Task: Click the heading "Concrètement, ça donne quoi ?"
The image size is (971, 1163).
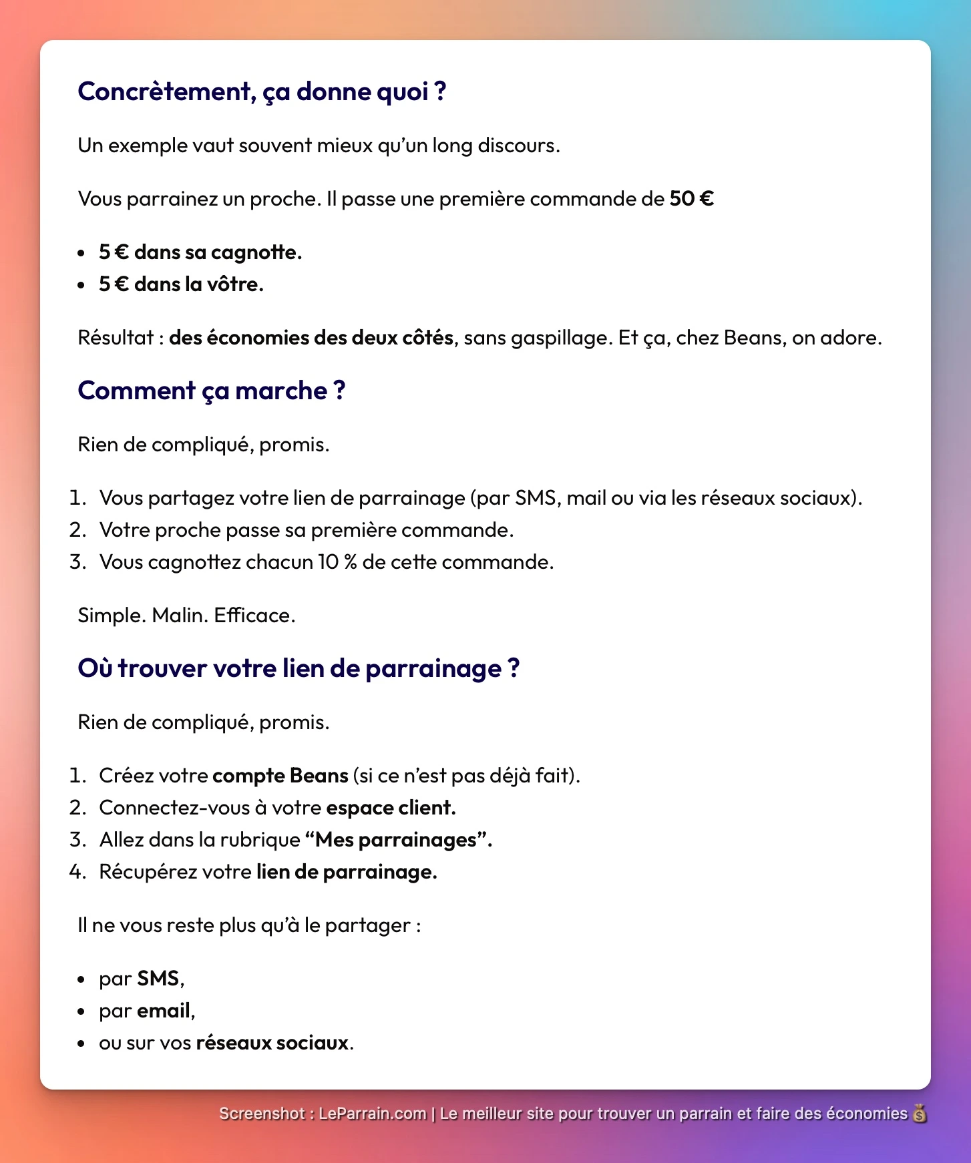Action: coord(262,91)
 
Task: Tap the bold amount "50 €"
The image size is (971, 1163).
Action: coord(691,199)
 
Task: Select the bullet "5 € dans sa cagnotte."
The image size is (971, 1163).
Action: coord(200,252)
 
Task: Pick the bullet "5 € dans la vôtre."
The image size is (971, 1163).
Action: coord(181,284)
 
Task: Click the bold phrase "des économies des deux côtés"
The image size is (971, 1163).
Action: coord(311,338)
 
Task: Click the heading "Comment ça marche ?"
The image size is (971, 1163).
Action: coord(211,391)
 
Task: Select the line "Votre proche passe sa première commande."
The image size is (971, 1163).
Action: coord(307,530)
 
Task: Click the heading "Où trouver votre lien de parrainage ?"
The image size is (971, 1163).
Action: coord(299,668)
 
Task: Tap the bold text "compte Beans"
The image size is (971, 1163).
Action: coord(280,776)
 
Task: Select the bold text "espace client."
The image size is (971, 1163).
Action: coord(391,808)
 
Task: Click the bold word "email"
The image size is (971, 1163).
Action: coord(164,1011)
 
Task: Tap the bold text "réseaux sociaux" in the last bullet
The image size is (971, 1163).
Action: coord(272,1043)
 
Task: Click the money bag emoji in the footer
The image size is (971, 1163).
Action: coord(920,1114)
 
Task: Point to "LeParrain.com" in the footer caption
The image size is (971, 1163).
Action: coord(372,1114)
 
